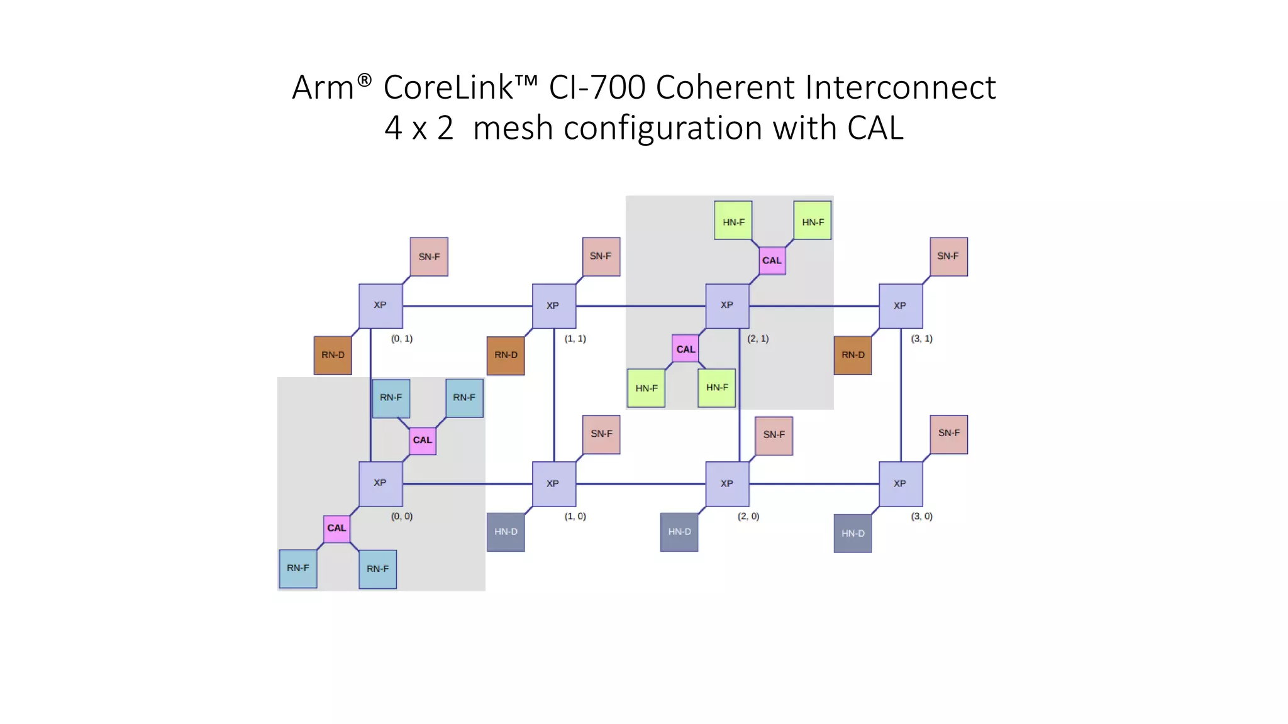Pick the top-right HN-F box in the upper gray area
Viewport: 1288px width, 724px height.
pyautogui.click(x=812, y=221)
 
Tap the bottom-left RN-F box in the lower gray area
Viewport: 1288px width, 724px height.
pyautogui.click(x=297, y=568)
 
